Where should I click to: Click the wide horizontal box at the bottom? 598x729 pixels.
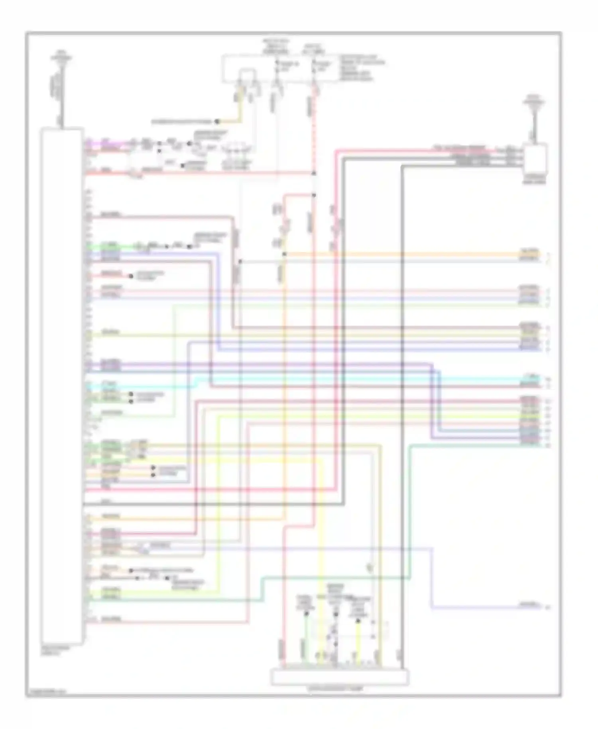coord(340,677)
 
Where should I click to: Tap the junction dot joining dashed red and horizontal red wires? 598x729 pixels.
coord(314,173)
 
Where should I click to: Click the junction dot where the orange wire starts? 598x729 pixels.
coord(284,254)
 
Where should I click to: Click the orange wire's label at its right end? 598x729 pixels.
coord(529,252)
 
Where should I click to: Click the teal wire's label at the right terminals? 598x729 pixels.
coord(529,444)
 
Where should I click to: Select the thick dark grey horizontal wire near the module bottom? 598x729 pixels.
coord(211,504)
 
